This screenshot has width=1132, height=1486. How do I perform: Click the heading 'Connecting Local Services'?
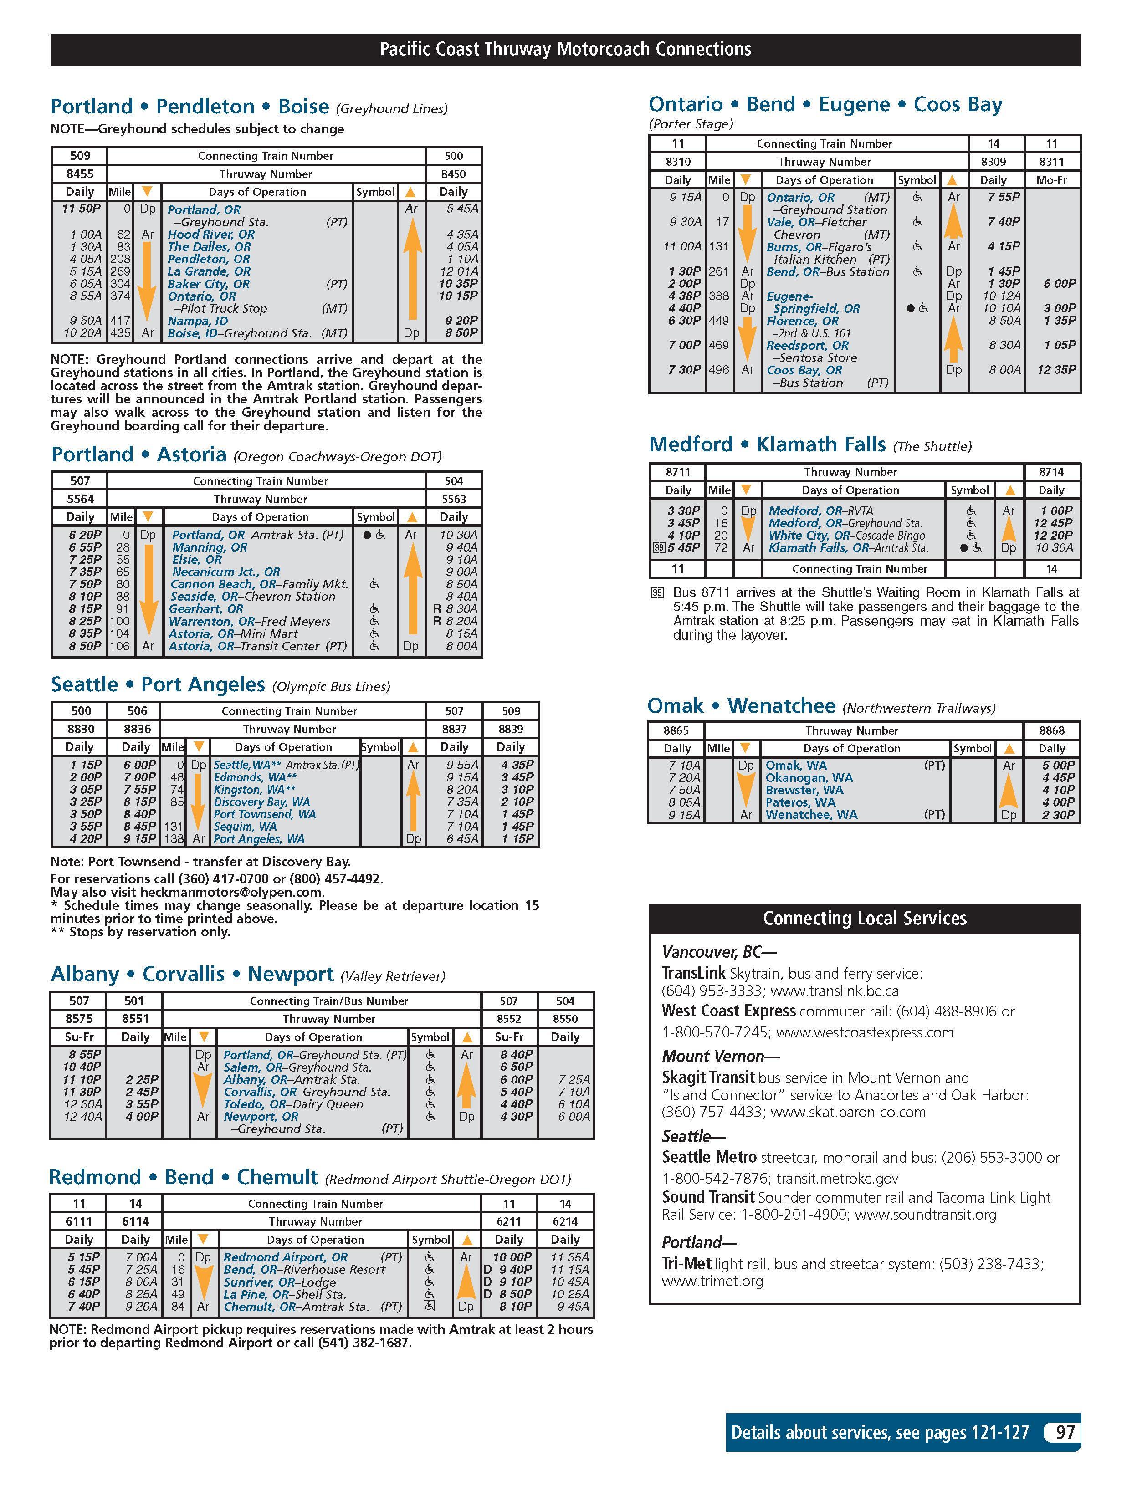coord(865,918)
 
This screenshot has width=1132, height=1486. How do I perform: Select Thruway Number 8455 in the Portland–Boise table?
coord(80,174)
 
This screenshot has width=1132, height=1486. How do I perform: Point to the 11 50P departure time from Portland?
coord(81,209)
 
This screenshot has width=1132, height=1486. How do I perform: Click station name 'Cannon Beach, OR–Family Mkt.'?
coord(259,584)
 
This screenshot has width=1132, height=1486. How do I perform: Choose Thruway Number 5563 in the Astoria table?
coord(453,499)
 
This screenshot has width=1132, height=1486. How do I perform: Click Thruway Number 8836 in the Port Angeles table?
coord(135,729)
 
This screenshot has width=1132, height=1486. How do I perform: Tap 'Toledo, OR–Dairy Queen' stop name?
coord(293,1104)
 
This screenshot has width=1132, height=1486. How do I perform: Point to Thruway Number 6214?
coord(565,1221)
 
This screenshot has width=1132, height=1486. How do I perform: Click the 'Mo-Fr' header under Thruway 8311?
coord(1051,180)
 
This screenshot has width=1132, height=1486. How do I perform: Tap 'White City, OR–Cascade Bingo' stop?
coord(847,536)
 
